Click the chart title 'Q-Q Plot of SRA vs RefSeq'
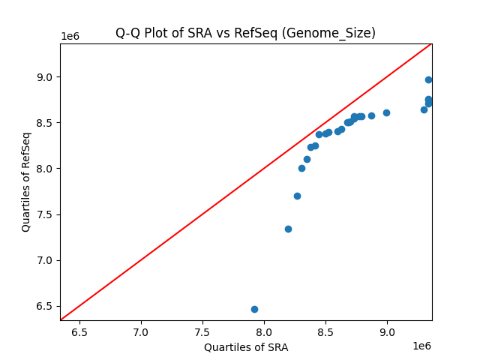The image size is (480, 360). pos(245,33)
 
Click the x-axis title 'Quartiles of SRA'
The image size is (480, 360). pos(246,347)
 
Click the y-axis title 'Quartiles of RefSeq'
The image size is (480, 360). pos(26,181)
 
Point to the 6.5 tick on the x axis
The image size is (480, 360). pos(79,331)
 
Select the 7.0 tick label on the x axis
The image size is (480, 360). pos(141,331)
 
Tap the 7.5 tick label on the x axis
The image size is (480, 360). pos(202,331)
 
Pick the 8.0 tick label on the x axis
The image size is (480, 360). pos(264,331)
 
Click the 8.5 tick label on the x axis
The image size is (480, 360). pos(325,331)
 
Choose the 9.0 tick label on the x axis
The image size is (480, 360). pos(387,331)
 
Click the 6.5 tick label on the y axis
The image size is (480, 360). pos(46,306)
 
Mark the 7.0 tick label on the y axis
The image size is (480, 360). pos(46,260)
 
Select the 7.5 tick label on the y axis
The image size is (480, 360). pos(46,214)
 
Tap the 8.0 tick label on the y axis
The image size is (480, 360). pos(46,169)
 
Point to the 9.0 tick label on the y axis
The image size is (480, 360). pos(46,77)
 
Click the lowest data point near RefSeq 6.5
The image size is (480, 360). pos(254,309)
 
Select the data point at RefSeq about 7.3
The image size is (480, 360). pos(288,229)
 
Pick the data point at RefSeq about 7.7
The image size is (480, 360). pos(297,196)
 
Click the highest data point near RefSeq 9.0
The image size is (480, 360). pos(428,79)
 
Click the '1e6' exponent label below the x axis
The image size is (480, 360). pos(422,346)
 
